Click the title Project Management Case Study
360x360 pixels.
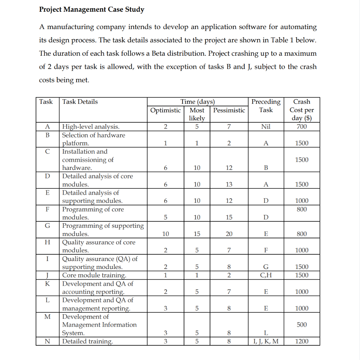click(92, 9)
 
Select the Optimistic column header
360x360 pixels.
click(165, 110)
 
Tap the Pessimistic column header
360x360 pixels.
click(229, 110)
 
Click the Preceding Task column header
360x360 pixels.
click(266, 106)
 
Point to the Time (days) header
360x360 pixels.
click(197, 102)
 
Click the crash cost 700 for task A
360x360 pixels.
click(301, 127)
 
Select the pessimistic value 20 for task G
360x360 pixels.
click(229, 234)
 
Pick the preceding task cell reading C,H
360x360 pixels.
click(266, 275)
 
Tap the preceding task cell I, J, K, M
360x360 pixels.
click(266, 341)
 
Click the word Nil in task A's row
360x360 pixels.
click(266, 127)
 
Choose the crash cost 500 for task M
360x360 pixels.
click(301, 325)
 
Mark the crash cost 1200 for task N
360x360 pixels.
click(301, 341)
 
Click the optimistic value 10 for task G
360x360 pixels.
click(165, 234)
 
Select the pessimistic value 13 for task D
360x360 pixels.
click(229, 184)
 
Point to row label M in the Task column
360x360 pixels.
click(47, 317)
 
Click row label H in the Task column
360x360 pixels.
click(47, 242)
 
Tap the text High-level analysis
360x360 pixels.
click(91, 127)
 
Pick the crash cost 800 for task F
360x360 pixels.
click(301, 209)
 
